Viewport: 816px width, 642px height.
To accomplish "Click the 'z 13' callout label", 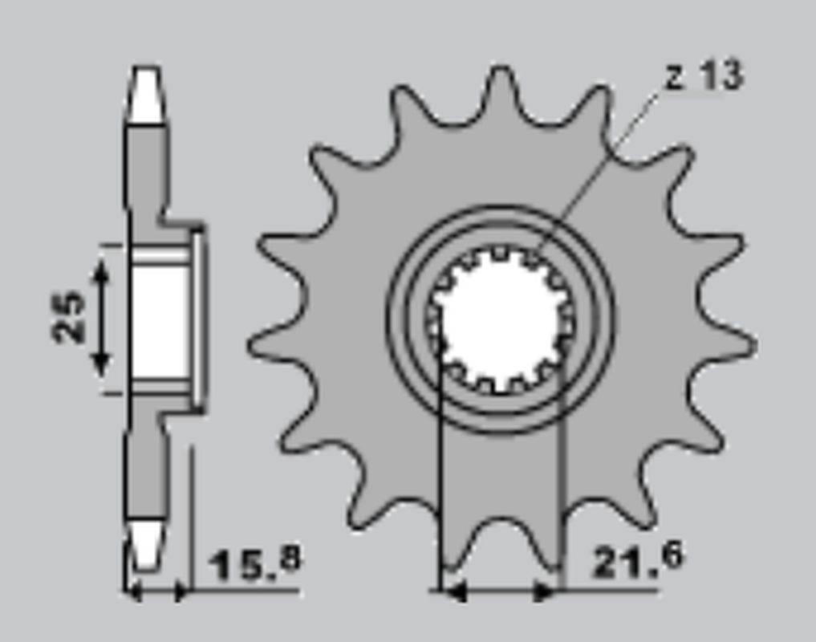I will (x=704, y=76).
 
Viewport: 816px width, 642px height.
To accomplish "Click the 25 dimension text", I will (x=69, y=317).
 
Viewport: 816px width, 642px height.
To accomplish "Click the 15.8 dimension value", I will (x=255, y=563).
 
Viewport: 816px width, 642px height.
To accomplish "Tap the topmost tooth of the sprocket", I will (x=501, y=84).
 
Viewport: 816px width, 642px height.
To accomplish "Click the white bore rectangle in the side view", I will (x=160, y=321).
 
